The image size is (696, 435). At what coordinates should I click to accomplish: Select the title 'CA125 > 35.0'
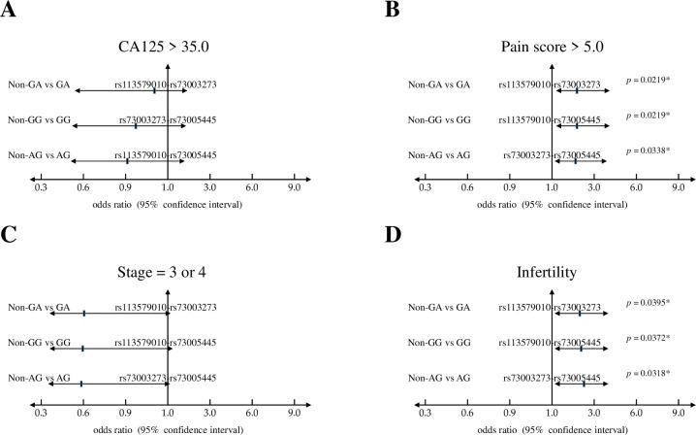click(x=168, y=44)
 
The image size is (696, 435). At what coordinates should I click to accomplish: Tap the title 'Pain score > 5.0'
click(x=552, y=44)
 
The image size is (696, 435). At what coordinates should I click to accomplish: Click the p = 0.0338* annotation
click(x=645, y=151)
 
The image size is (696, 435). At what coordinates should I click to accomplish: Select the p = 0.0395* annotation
click(x=645, y=303)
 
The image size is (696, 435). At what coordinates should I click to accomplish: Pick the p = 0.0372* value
click(x=645, y=337)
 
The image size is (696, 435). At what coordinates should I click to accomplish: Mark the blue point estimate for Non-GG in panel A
click(x=136, y=125)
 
